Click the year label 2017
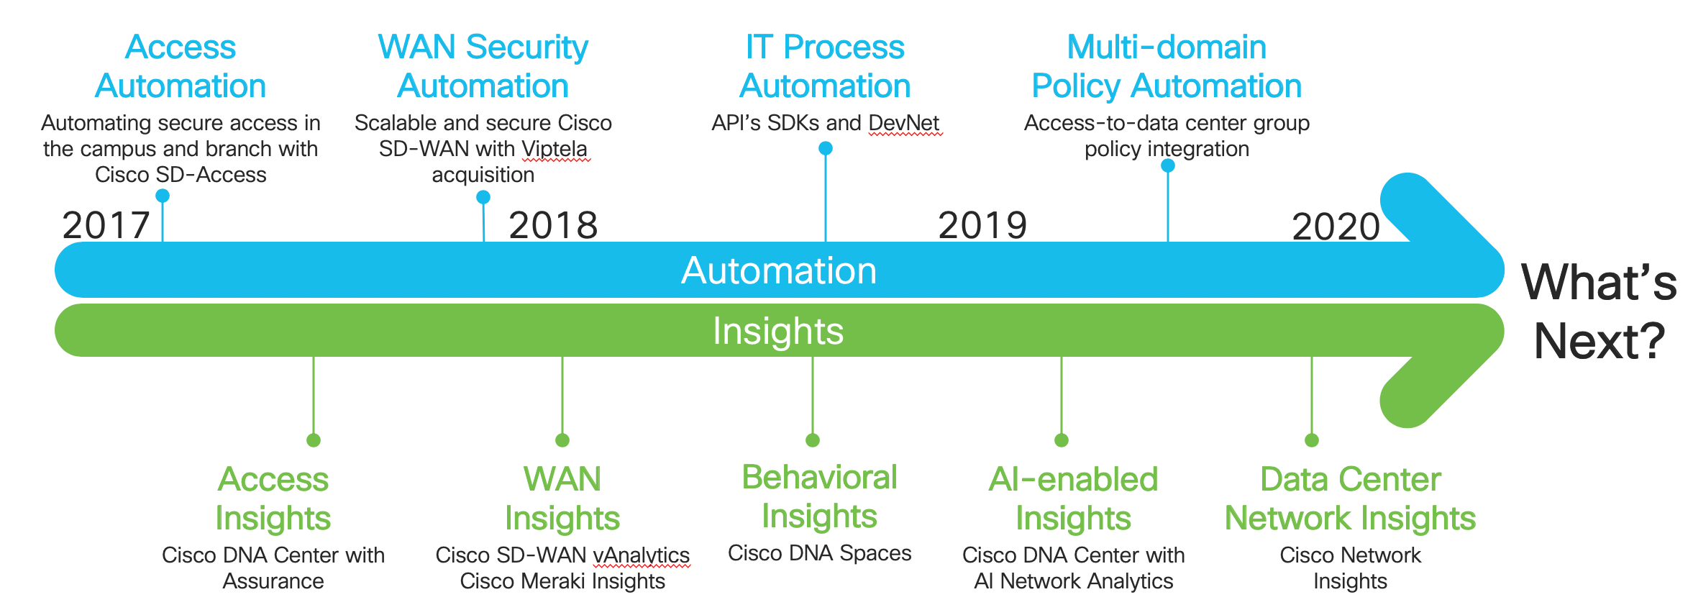coord(106,226)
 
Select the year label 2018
coord(553,226)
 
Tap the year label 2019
coord(982,226)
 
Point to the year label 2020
coord(1336,227)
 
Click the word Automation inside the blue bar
coord(779,271)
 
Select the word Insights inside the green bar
coord(777,332)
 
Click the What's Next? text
coord(1599,311)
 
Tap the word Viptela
coord(555,150)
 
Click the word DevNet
coord(904,123)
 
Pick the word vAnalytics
coord(641,555)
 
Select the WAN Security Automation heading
coord(483,66)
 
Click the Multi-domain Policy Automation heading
coord(1167,66)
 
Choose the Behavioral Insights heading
coord(819,496)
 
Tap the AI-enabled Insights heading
coord(1073,499)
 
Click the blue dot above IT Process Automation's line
coord(826,148)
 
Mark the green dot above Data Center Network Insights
coord(1312,440)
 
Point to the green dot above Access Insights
coord(314,440)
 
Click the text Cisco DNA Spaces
coord(819,553)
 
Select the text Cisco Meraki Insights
coord(562,581)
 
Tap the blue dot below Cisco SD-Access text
coord(163,196)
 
